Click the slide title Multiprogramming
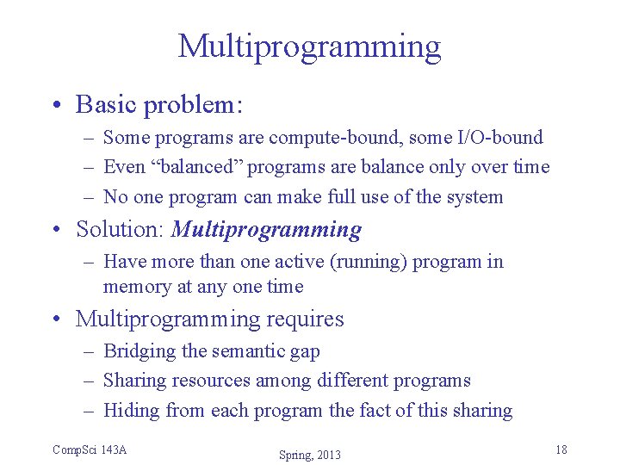point(309,46)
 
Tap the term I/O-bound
point(501,138)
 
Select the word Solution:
point(121,230)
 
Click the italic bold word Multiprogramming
point(267,230)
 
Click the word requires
point(305,319)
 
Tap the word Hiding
point(132,411)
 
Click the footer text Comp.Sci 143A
point(90,449)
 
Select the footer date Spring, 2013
point(310,455)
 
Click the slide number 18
point(561,449)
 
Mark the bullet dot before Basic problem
point(56,105)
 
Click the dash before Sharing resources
point(89,381)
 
